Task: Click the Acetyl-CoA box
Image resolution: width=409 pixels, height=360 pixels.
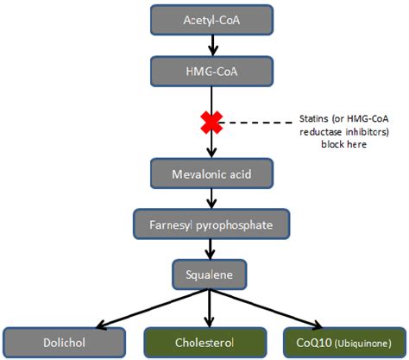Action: [x=211, y=19]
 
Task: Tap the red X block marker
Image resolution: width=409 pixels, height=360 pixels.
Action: [x=211, y=121]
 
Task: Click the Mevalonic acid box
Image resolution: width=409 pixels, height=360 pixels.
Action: [x=211, y=173]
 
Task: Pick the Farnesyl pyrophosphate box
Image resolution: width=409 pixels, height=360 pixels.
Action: [x=211, y=224]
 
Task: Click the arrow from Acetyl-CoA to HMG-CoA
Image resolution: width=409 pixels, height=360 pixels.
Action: [x=211, y=43]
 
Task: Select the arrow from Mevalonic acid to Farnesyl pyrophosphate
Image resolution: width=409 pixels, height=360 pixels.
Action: [x=211, y=199]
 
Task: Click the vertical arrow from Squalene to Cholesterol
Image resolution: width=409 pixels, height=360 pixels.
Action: [x=211, y=306]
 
